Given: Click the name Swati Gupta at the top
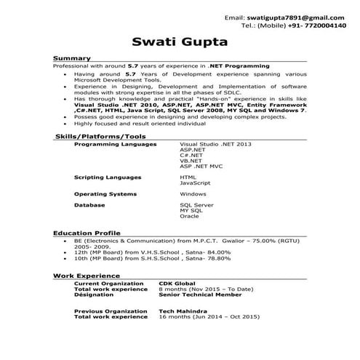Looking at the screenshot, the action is pos(180,41).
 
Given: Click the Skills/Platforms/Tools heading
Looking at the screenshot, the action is pos(100,136).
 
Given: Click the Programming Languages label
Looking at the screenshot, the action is pos(115,145).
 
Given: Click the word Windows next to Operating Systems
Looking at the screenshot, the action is pos(193,194).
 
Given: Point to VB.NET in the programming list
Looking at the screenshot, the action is pos(191,161).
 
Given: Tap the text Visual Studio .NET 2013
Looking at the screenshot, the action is pos(215,145).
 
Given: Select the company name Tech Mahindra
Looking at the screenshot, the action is pos(181,311).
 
